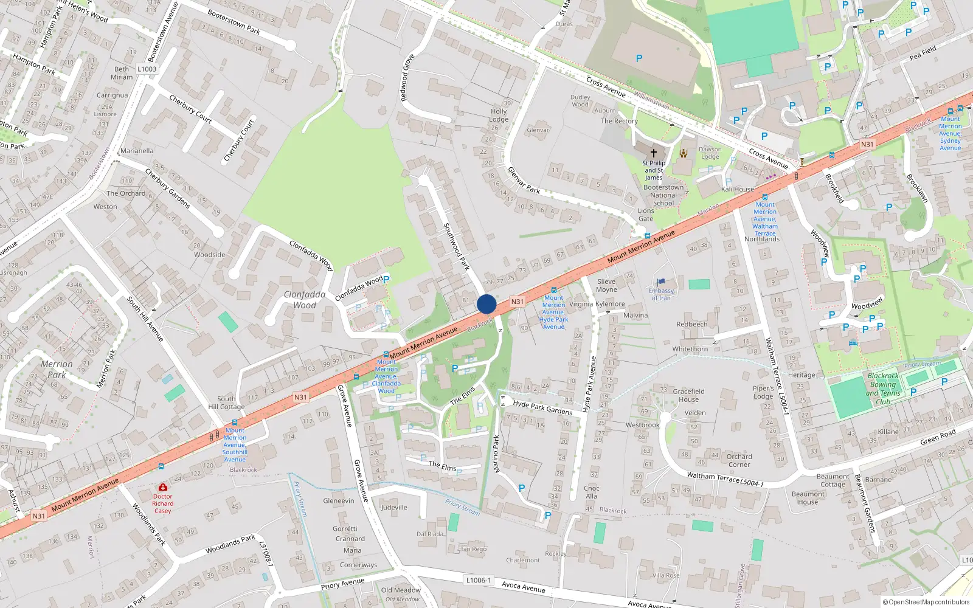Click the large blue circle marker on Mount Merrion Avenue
pos(486,304)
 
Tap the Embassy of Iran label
pos(661,294)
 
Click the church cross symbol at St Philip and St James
pos(654,153)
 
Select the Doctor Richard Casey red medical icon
pos(162,487)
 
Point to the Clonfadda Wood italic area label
pos(305,300)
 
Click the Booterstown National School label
pos(663,195)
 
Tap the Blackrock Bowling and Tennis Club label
pos(882,389)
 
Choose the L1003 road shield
pos(147,69)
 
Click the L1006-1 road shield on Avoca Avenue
pos(479,580)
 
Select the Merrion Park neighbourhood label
pos(57,369)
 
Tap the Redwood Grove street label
pos(407,78)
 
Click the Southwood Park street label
pos(456,246)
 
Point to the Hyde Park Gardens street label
pos(542,407)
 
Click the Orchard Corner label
pos(739,460)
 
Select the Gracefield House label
pos(688,395)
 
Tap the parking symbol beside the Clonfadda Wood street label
pos(386,279)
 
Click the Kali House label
pos(737,189)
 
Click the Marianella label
pos(137,151)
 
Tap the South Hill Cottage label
pos(226,403)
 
